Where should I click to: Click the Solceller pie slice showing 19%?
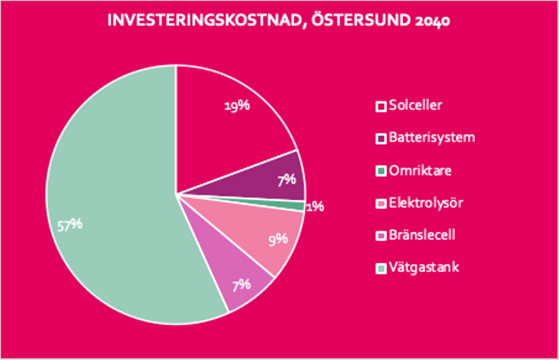224,134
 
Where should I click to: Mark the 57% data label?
70,224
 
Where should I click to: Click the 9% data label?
277,239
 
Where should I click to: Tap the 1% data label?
315,206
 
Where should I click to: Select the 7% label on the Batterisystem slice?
286,180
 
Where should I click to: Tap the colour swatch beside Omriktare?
381,171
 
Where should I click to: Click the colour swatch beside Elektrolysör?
381,203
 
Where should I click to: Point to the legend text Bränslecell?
422,235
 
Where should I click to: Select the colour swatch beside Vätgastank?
381,268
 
